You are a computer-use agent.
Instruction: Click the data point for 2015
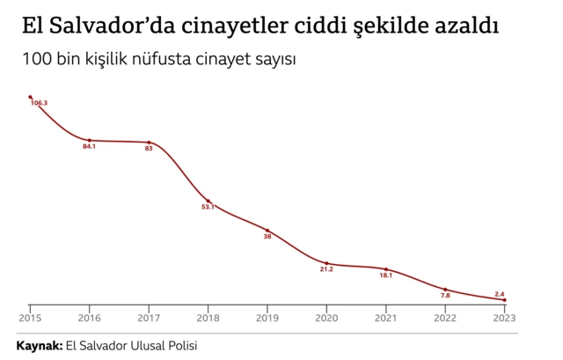tap(30, 97)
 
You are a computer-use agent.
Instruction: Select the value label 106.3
tap(39, 104)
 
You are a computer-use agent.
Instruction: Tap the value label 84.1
tap(89, 146)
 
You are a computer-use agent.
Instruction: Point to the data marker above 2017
tap(149, 142)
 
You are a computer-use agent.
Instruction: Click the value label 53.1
tap(208, 207)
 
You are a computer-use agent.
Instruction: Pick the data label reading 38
tap(267, 236)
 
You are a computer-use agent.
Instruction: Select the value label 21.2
tap(326, 269)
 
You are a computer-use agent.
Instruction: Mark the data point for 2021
tap(386, 268)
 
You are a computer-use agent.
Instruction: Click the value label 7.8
tap(445, 296)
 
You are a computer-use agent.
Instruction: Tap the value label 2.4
tap(500, 293)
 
